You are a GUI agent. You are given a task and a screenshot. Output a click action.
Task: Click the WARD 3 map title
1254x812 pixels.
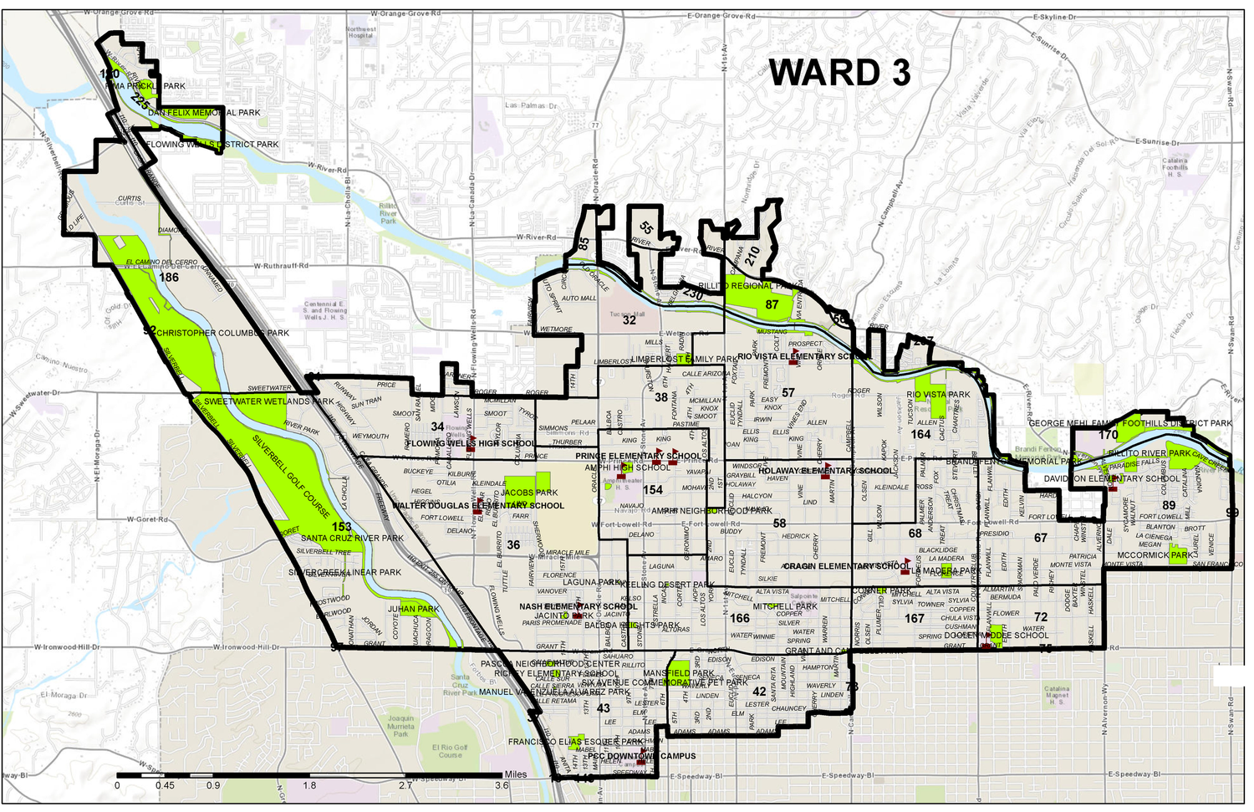click(839, 73)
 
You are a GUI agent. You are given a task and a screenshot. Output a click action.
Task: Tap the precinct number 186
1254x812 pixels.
click(169, 278)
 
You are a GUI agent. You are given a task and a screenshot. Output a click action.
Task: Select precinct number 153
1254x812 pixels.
click(341, 526)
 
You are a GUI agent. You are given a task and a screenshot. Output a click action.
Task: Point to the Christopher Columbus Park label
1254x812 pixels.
click(222, 333)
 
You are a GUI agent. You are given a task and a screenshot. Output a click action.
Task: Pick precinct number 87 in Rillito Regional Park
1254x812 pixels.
click(772, 304)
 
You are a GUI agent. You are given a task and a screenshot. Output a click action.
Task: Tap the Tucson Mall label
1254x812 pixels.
click(627, 314)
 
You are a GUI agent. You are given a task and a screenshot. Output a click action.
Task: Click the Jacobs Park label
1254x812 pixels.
click(529, 493)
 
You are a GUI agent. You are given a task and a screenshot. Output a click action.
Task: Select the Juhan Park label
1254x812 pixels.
click(413, 609)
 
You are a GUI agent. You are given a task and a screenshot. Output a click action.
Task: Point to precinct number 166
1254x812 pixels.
click(740, 618)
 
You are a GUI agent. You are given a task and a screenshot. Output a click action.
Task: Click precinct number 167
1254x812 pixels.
click(915, 618)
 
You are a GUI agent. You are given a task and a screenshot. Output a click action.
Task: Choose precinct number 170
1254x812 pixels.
click(1109, 434)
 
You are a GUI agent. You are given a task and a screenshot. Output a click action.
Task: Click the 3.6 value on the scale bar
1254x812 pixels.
click(502, 785)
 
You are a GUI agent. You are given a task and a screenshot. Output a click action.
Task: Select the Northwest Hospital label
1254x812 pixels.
click(360, 33)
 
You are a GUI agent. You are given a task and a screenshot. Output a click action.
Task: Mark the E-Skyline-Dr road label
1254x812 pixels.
click(1054, 17)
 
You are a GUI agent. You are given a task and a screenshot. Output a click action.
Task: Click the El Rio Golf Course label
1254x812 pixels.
click(450, 751)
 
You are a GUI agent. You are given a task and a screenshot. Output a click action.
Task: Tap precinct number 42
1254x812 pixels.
click(759, 692)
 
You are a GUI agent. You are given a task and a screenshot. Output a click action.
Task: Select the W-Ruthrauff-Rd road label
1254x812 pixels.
click(281, 266)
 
